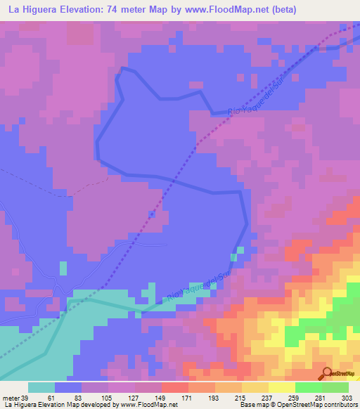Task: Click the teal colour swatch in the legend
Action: pyautogui.click(x=41, y=387)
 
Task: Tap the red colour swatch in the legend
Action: pyautogui.click(x=175, y=387)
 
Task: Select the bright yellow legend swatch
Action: pyautogui.click(x=282, y=387)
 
